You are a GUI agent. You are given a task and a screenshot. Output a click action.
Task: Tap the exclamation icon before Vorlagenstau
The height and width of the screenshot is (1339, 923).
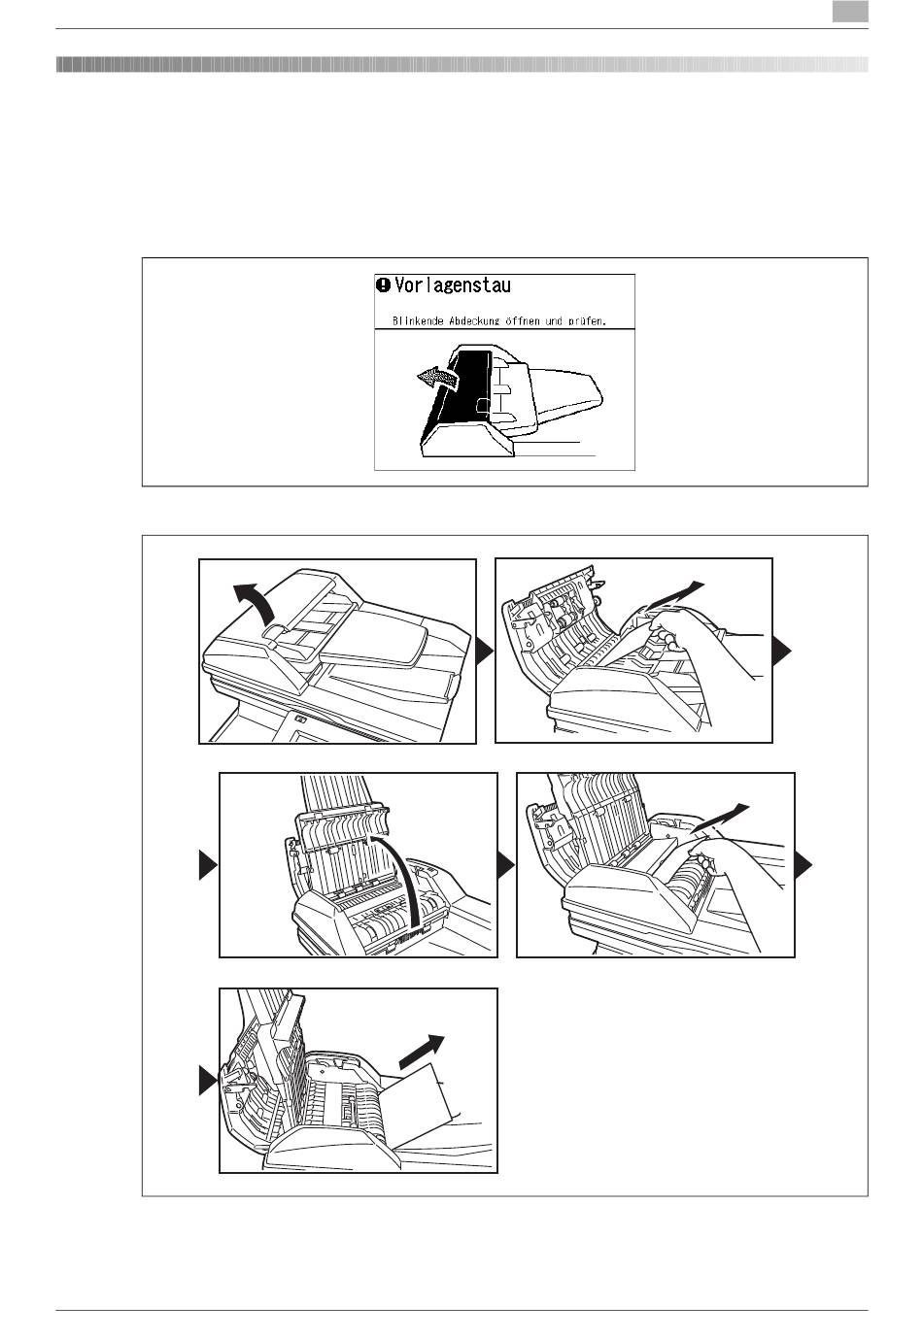(384, 285)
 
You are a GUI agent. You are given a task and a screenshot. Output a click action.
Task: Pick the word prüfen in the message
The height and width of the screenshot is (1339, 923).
(587, 319)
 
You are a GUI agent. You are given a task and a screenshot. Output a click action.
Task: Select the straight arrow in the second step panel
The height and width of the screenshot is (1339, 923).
(678, 591)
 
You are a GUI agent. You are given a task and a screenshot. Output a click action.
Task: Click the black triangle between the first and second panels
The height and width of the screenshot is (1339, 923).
(485, 652)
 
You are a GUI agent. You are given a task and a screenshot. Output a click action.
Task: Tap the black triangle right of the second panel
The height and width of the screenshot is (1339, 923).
(782, 652)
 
